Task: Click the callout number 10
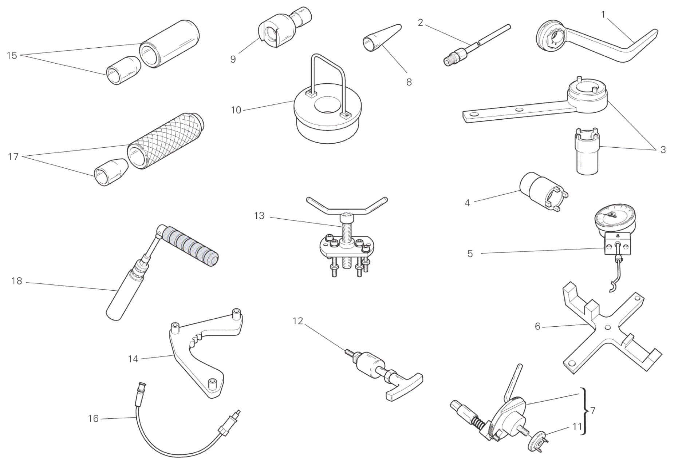click(x=236, y=110)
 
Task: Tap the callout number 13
click(x=259, y=216)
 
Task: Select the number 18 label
click(x=17, y=281)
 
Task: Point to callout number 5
click(x=470, y=254)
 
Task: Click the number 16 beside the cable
click(x=93, y=419)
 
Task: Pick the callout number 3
click(x=663, y=150)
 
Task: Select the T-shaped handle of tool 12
click(x=403, y=387)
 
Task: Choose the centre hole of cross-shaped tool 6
click(x=606, y=328)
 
